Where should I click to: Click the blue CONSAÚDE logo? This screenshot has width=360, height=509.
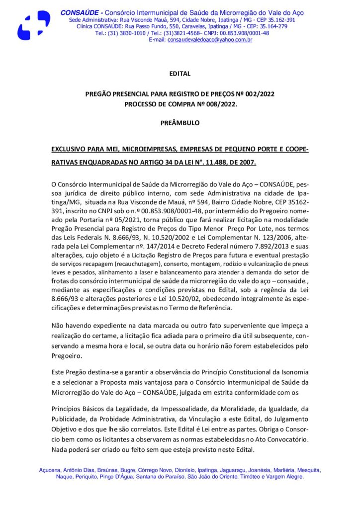pyautogui.click(x=33, y=25)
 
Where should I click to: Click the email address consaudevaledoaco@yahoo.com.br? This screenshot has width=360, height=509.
pyautogui.click(x=210, y=40)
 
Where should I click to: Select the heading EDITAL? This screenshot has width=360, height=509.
pyautogui.click(x=180, y=74)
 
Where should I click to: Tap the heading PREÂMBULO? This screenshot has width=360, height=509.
pyautogui.click(x=180, y=122)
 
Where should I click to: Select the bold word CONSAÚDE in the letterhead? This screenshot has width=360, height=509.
pyautogui.click(x=80, y=12)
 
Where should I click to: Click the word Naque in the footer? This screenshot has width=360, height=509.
pyautogui.click(x=64, y=476)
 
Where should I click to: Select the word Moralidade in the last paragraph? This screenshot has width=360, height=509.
pyautogui.click(x=222, y=409)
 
